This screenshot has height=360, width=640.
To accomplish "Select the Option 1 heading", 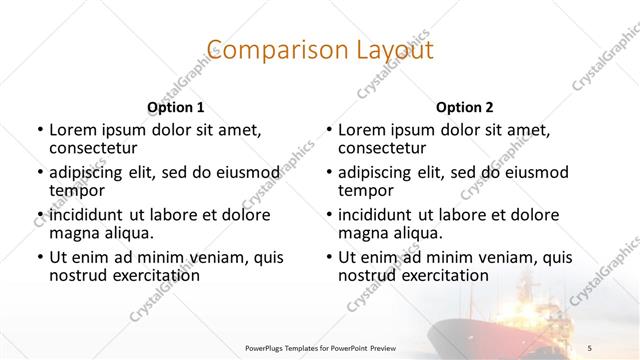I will pos(175,107).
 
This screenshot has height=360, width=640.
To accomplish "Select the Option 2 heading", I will pos(464,107).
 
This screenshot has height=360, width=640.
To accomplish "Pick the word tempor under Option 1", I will pos(75,189).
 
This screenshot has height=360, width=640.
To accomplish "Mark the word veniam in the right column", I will pos(499,257).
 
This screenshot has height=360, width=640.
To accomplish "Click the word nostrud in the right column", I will pos(365,275).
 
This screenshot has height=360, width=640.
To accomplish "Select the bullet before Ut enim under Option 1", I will pos(40,258).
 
